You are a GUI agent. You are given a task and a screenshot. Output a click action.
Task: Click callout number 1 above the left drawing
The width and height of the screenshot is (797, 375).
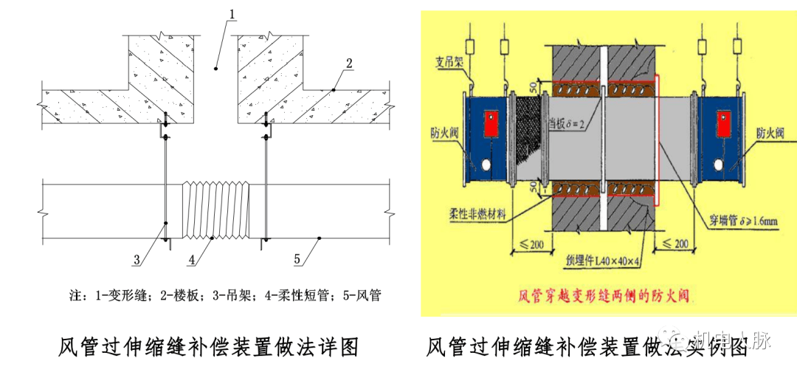[x=231, y=14]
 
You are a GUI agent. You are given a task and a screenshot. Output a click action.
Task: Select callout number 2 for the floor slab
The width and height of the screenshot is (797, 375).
[x=349, y=61]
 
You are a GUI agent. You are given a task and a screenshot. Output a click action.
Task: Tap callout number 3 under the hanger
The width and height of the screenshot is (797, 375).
[x=137, y=259]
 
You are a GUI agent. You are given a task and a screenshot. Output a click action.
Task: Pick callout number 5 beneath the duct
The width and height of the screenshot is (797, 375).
[x=298, y=259]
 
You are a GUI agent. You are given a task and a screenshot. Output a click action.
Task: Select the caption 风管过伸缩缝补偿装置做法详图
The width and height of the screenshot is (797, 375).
[x=209, y=347]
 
